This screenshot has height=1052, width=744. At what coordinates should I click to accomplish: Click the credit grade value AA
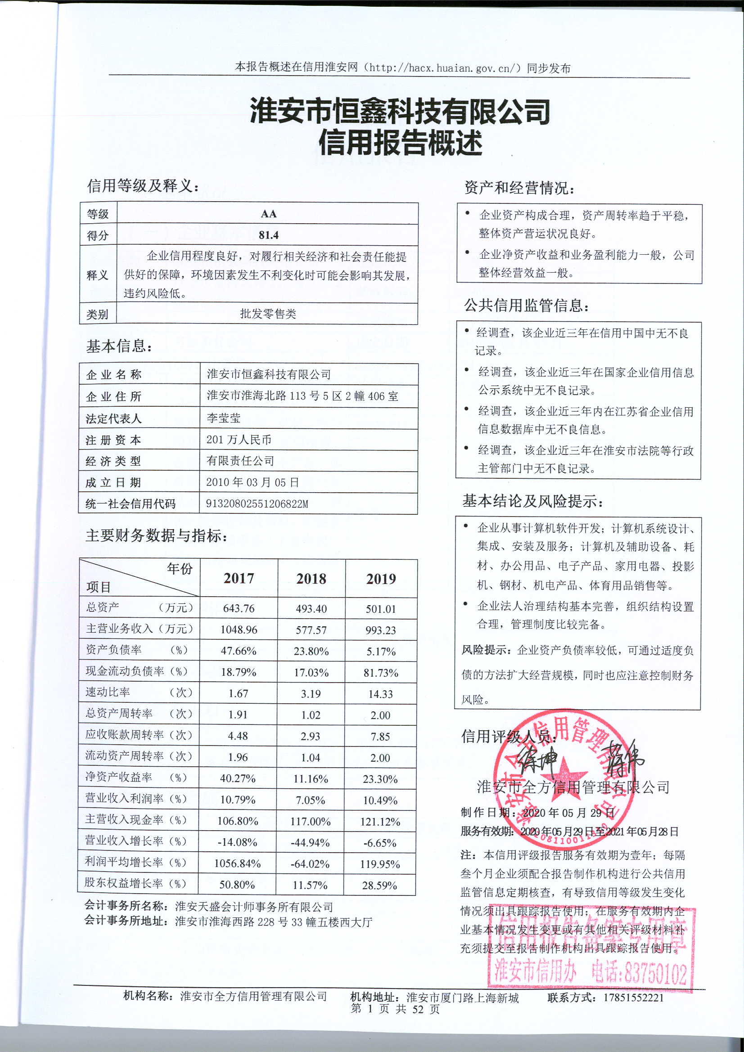[x=268, y=214]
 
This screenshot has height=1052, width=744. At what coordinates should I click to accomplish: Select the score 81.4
[x=268, y=235]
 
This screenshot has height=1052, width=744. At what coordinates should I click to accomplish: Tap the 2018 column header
[x=311, y=579]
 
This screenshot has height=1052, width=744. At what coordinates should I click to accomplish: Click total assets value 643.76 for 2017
[x=239, y=608]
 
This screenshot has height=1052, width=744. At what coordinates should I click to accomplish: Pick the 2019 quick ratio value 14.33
[x=380, y=694]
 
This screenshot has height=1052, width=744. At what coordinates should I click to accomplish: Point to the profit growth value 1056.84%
[x=238, y=863]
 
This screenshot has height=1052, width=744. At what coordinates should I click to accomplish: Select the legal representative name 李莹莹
[x=223, y=418]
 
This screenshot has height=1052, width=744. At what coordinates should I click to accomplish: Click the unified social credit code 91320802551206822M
[x=257, y=504]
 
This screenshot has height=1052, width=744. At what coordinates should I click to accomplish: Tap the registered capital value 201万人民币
[x=239, y=440]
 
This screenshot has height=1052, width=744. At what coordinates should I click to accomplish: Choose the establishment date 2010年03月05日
[x=252, y=482]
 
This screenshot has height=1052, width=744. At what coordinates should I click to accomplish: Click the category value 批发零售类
[x=268, y=314]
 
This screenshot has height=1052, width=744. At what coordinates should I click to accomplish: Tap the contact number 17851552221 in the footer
[x=634, y=997]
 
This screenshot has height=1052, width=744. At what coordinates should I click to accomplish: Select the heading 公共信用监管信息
[x=526, y=305]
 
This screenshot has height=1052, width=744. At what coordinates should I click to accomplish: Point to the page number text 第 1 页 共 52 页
[x=395, y=1008]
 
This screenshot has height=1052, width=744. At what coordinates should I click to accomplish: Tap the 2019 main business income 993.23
[x=380, y=630]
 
